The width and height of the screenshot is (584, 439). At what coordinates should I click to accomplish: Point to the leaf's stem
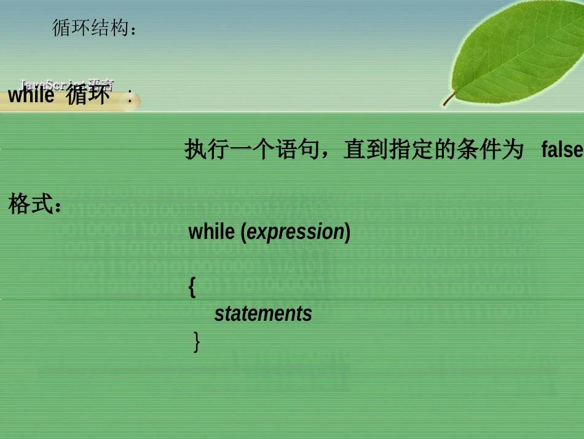(x=449, y=99)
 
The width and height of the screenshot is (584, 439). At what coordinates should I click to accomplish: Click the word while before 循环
(x=31, y=96)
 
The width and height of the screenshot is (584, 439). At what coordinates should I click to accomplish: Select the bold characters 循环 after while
(x=88, y=96)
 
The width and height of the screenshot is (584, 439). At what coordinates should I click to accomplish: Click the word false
(x=562, y=149)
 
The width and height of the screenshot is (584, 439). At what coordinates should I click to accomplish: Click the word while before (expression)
(x=211, y=232)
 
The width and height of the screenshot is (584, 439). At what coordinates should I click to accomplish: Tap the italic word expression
(x=295, y=232)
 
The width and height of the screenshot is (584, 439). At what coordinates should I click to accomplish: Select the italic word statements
(x=263, y=314)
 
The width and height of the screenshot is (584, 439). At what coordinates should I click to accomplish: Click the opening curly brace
(x=192, y=288)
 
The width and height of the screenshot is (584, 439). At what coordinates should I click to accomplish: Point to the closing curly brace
(x=196, y=341)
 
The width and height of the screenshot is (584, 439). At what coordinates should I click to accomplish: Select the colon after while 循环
(x=130, y=96)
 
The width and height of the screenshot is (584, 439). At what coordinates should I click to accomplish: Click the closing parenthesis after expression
(x=347, y=232)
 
